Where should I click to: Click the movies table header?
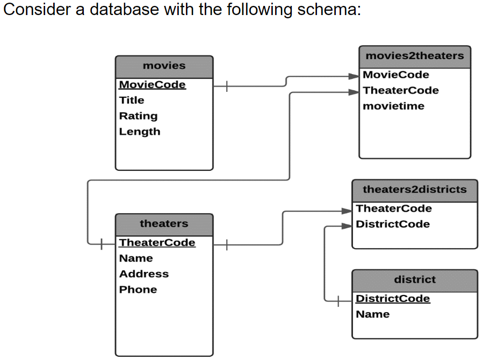click(x=164, y=66)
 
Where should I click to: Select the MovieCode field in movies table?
click(x=152, y=85)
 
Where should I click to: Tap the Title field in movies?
click(x=132, y=100)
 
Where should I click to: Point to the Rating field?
click(x=138, y=116)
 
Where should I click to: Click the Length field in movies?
click(x=140, y=132)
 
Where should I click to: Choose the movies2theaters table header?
click(x=414, y=56)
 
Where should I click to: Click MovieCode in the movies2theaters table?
click(x=396, y=75)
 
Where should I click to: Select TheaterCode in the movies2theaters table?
click(x=401, y=90)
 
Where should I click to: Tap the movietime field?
click(x=393, y=106)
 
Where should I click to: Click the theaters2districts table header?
click(x=414, y=190)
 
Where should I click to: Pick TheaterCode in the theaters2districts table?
click(x=394, y=208)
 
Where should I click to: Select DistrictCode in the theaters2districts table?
click(x=393, y=224)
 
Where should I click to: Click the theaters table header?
click(x=164, y=224)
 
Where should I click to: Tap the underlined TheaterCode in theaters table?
click(x=157, y=243)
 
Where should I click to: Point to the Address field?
click(x=144, y=274)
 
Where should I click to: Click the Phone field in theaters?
click(x=138, y=290)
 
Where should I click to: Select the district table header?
click(x=414, y=280)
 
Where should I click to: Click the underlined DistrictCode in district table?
click(x=393, y=299)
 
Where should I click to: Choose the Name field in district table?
click(x=372, y=314)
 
